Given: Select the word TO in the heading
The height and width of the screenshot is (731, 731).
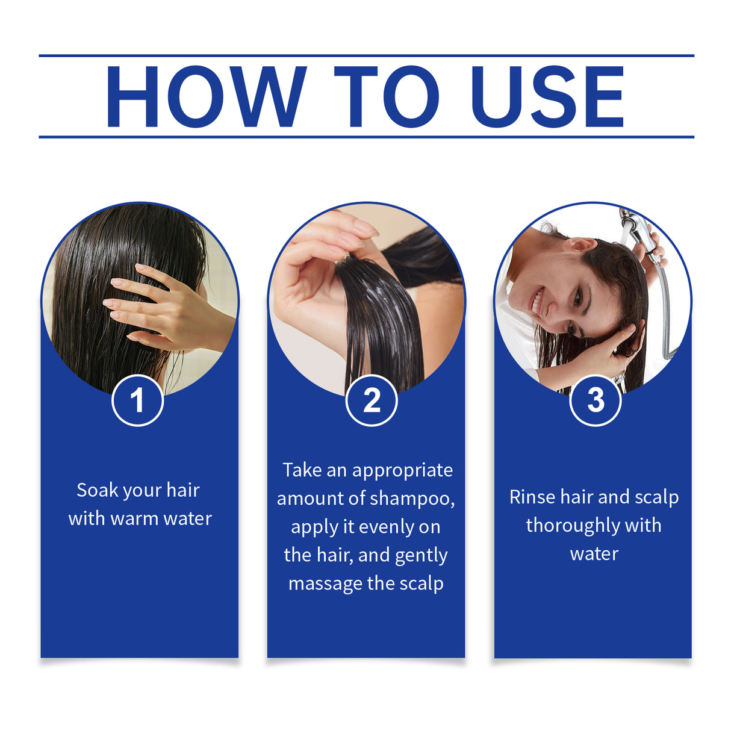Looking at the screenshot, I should [386, 97].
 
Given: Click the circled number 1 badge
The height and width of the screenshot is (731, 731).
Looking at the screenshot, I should [137, 400].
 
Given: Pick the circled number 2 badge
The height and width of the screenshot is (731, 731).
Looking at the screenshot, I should [372, 400].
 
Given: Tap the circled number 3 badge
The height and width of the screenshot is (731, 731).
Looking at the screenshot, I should [595, 400].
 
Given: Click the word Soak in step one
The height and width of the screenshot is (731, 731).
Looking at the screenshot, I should [98, 490].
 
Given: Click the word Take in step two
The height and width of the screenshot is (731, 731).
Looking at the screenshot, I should [302, 470].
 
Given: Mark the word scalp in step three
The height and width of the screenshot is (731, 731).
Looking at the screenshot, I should [656, 497].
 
